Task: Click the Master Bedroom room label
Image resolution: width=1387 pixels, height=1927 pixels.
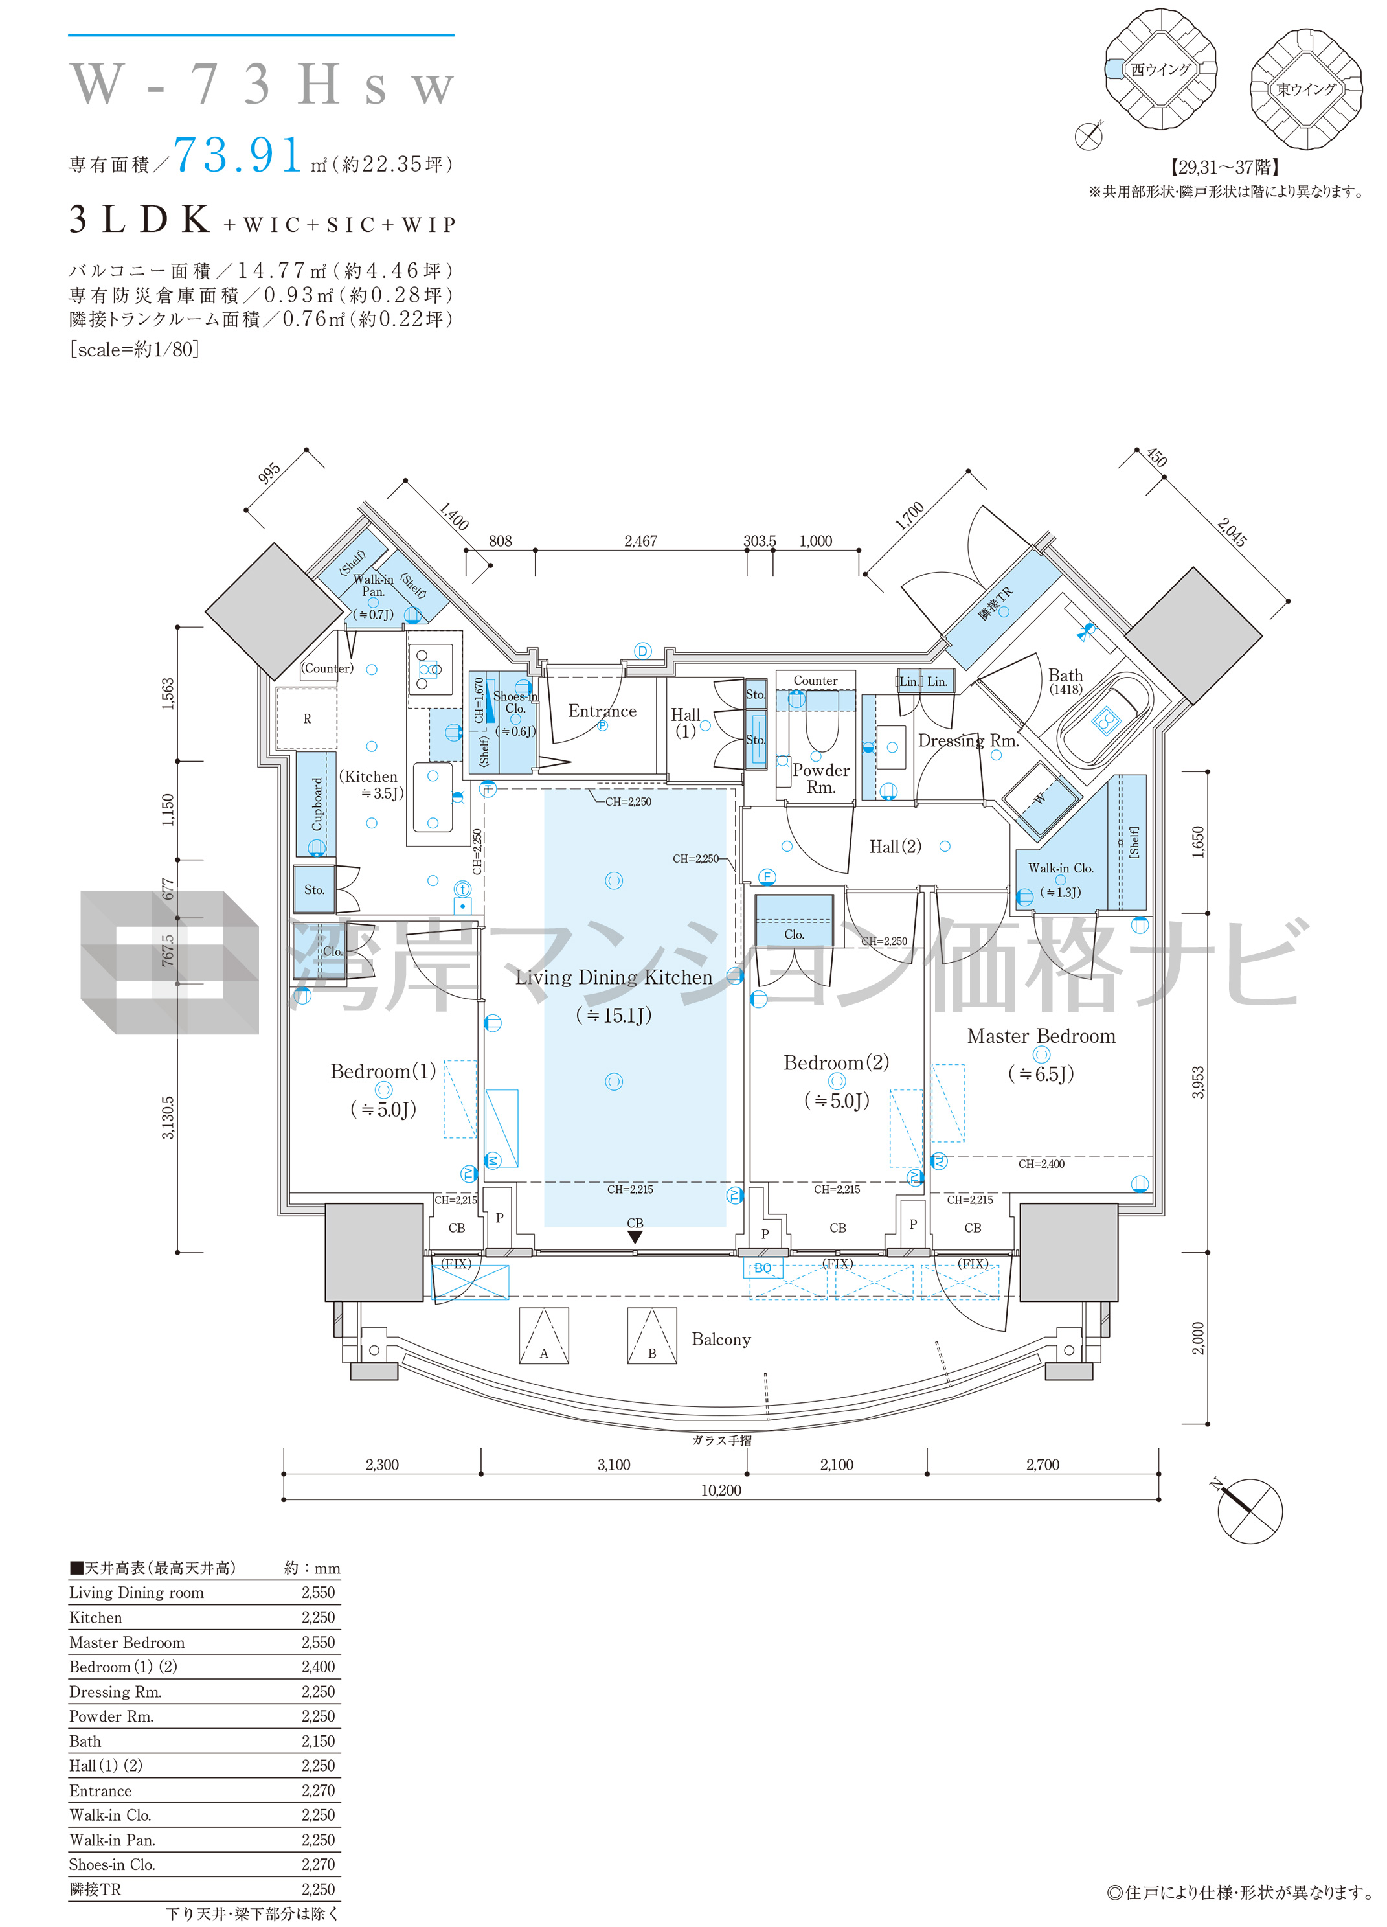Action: pos(1041,1036)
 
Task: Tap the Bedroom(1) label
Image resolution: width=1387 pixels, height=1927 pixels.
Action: pos(383,1071)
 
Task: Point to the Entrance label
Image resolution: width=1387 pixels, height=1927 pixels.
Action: pos(602,711)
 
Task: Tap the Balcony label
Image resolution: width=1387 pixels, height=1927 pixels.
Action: pos(721,1339)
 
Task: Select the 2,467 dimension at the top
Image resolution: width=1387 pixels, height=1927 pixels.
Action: pos(640,542)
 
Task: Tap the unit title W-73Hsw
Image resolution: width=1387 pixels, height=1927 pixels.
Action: pos(262,84)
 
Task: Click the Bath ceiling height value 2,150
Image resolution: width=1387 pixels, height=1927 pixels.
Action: pos(319,1741)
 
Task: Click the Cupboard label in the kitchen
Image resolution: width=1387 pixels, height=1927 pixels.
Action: pos(317,804)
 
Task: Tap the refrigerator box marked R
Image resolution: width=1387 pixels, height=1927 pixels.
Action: pos(307,719)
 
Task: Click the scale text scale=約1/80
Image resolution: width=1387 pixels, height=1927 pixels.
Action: pos(134,348)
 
